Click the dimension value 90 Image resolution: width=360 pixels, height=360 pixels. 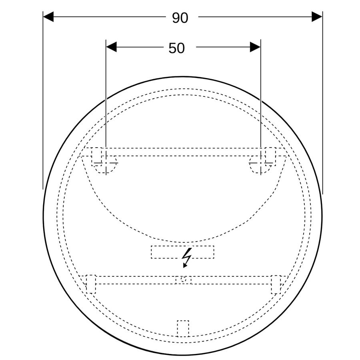pyautogui.click(x=180, y=18)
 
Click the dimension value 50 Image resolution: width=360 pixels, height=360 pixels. pyautogui.click(x=176, y=48)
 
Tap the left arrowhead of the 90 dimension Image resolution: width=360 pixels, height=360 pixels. pyautogui.click(x=48, y=17)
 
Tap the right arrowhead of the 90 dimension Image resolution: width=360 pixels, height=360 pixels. pyautogui.click(x=317, y=17)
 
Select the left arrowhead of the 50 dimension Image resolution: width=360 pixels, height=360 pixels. pyautogui.click(x=111, y=47)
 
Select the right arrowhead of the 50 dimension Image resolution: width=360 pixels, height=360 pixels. pyautogui.click(x=255, y=47)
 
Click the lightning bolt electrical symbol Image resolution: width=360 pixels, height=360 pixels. pyautogui.click(x=187, y=258)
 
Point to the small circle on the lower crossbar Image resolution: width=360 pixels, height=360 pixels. pyautogui.click(x=183, y=280)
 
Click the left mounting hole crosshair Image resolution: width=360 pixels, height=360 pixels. pyautogui.click(x=106, y=163)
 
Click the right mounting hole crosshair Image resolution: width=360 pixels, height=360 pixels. pyautogui.click(x=261, y=163)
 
